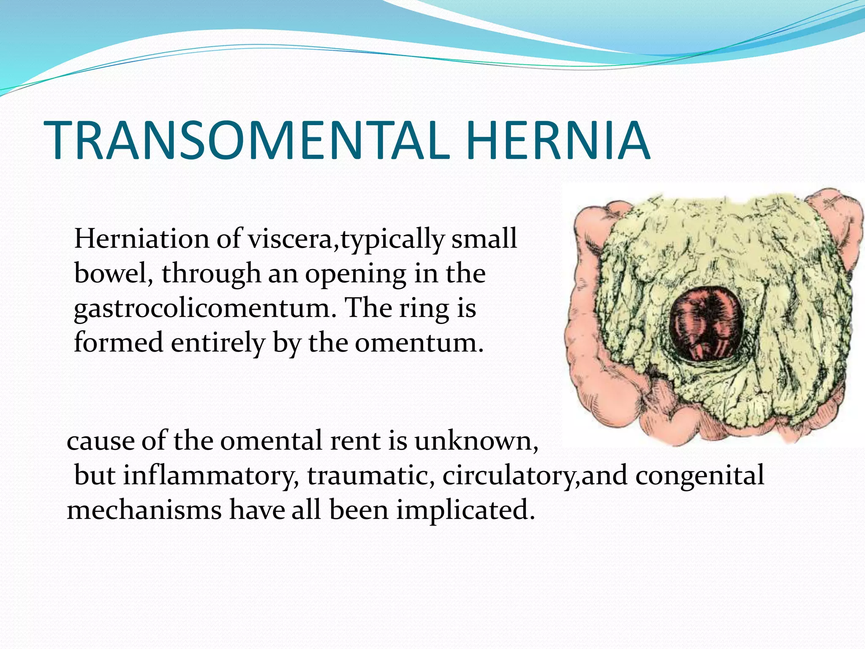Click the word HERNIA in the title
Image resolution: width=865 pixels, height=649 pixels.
point(558,141)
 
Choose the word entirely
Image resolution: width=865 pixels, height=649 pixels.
point(218,343)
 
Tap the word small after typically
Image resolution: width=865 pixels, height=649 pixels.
point(484,239)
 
